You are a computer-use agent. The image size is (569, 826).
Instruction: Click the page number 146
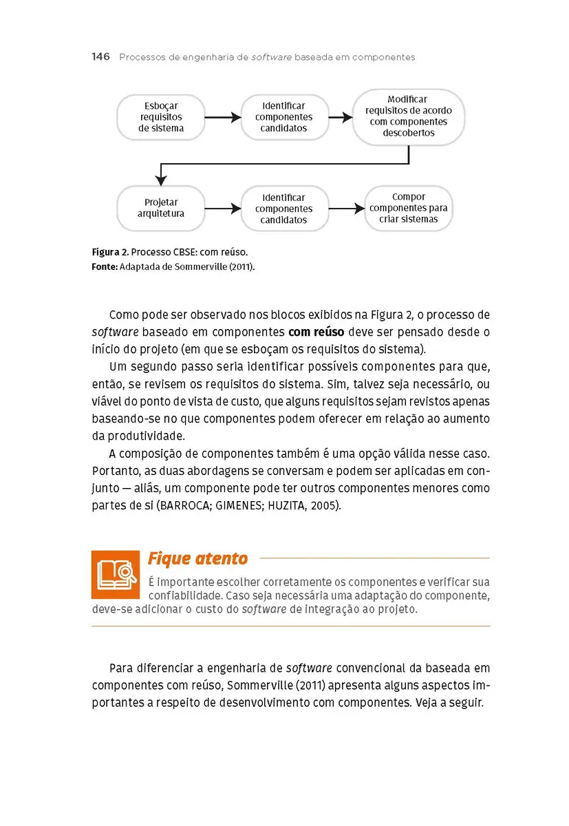pyautogui.click(x=100, y=57)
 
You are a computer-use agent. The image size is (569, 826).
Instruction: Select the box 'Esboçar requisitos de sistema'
pyautogui.click(x=161, y=117)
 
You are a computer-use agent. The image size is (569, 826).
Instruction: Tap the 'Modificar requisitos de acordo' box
pyautogui.click(x=409, y=116)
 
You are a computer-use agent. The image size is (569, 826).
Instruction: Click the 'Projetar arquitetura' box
pyautogui.click(x=161, y=208)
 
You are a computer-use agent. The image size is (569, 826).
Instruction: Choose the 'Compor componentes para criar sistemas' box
pyautogui.click(x=409, y=208)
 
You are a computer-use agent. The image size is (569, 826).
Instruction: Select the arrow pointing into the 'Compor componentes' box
pyautogui.click(x=346, y=209)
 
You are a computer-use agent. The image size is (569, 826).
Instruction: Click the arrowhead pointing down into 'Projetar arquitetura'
pyautogui.click(x=161, y=180)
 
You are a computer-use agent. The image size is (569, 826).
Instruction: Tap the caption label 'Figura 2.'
pyautogui.click(x=108, y=252)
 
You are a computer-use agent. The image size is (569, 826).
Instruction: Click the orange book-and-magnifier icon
pyautogui.click(x=116, y=575)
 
